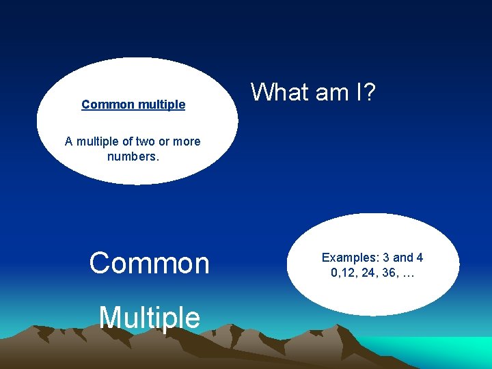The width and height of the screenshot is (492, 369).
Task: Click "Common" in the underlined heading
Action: (x=106, y=105)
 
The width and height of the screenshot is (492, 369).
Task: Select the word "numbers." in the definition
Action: (x=133, y=156)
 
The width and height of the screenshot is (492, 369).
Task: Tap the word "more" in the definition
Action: (x=187, y=141)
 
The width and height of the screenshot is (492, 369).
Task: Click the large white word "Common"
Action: (x=149, y=263)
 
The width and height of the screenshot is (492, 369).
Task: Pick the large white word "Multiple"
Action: (x=149, y=317)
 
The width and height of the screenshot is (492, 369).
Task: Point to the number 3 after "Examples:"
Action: (x=386, y=258)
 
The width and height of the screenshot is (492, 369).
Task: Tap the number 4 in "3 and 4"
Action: (x=420, y=258)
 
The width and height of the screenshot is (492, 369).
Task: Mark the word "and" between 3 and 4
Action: (x=403, y=258)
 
